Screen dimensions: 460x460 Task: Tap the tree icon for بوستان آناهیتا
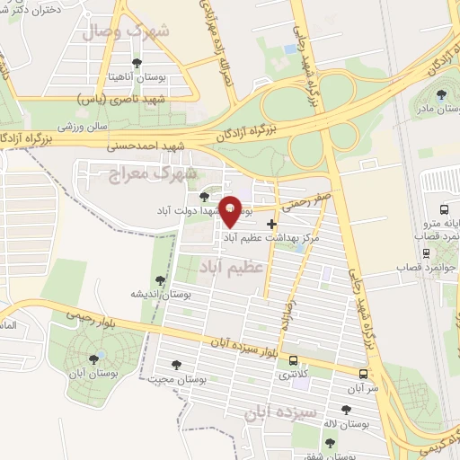136,63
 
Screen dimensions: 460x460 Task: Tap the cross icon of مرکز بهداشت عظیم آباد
272,223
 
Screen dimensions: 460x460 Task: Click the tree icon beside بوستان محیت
176,364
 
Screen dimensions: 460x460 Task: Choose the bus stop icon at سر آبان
362,374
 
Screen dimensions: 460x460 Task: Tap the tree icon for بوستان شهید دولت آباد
204,196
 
